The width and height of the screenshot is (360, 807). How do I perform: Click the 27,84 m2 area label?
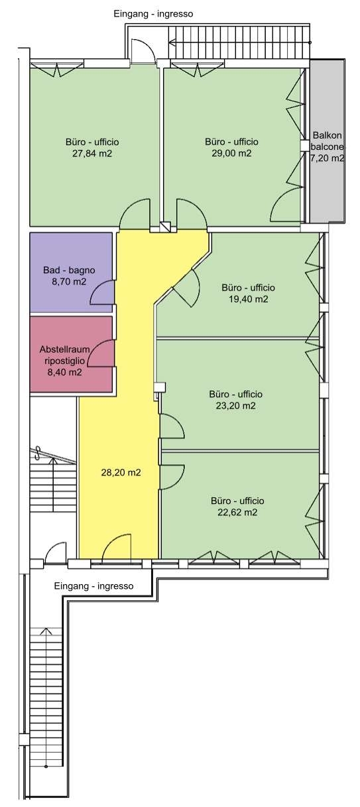click(x=92, y=153)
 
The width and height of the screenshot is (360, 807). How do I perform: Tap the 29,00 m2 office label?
click(x=231, y=153)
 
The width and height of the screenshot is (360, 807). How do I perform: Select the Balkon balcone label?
click(x=327, y=141)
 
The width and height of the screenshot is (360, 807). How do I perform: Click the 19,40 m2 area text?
click(x=249, y=299)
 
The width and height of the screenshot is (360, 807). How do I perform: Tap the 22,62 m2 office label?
click(x=237, y=513)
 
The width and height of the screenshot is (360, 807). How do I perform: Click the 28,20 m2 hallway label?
click(x=121, y=473)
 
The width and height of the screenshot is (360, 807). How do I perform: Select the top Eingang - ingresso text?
click(x=154, y=14)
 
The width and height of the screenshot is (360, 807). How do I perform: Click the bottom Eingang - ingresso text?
click(x=93, y=586)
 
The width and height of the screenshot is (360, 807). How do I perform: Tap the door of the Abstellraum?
click(x=101, y=354)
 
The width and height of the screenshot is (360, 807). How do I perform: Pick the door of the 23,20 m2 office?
click(x=172, y=426)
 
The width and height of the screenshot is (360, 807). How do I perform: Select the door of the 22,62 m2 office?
click(x=172, y=477)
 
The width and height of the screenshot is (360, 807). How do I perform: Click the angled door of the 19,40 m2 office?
click(x=186, y=288)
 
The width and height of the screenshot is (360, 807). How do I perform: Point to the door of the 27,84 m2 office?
click(x=134, y=214)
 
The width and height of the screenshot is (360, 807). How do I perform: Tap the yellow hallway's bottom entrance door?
click(x=117, y=547)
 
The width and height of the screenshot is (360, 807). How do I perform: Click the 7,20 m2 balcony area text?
click(x=327, y=158)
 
